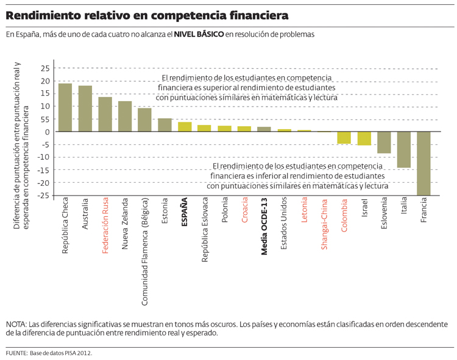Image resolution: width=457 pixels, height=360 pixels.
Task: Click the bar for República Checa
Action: pyautogui.click(x=65, y=107)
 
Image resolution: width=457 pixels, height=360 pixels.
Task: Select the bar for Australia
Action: pyautogui.click(x=85, y=108)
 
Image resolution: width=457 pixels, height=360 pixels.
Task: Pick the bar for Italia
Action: pyautogui.click(x=403, y=149)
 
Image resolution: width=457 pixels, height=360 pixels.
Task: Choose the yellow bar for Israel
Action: pyautogui.click(x=364, y=138)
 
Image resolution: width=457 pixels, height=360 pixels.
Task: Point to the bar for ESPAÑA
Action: pyautogui.click(x=185, y=127)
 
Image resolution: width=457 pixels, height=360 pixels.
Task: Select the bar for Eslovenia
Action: pyautogui.click(x=384, y=143)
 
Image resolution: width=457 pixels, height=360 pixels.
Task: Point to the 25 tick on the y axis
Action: pyautogui.click(x=44, y=68)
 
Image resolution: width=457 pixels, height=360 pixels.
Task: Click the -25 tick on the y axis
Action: pyautogui.click(x=42, y=196)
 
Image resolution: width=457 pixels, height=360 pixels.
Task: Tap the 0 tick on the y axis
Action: pyautogui.click(x=46, y=132)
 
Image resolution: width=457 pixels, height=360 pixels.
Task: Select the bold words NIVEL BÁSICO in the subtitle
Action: pyautogui.click(x=199, y=35)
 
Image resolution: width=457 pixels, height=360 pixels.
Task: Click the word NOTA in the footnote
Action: pyautogui.click(x=16, y=324)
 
